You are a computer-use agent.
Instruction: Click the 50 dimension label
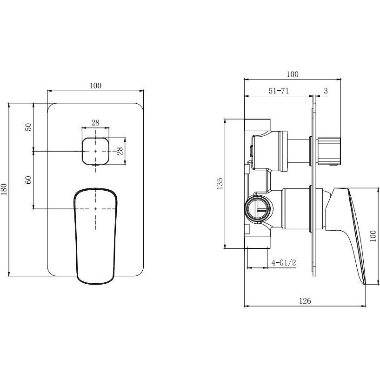point(28,127)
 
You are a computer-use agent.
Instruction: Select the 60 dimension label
point(28,180)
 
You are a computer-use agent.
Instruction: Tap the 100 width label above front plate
point(95,86)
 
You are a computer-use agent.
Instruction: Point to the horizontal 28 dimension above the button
point(95,123)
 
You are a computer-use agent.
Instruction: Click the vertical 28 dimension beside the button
point(120,151)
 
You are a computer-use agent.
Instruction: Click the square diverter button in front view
point(95,151)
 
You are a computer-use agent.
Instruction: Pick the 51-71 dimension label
point(279,91)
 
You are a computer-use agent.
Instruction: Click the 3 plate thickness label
point(326,91)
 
